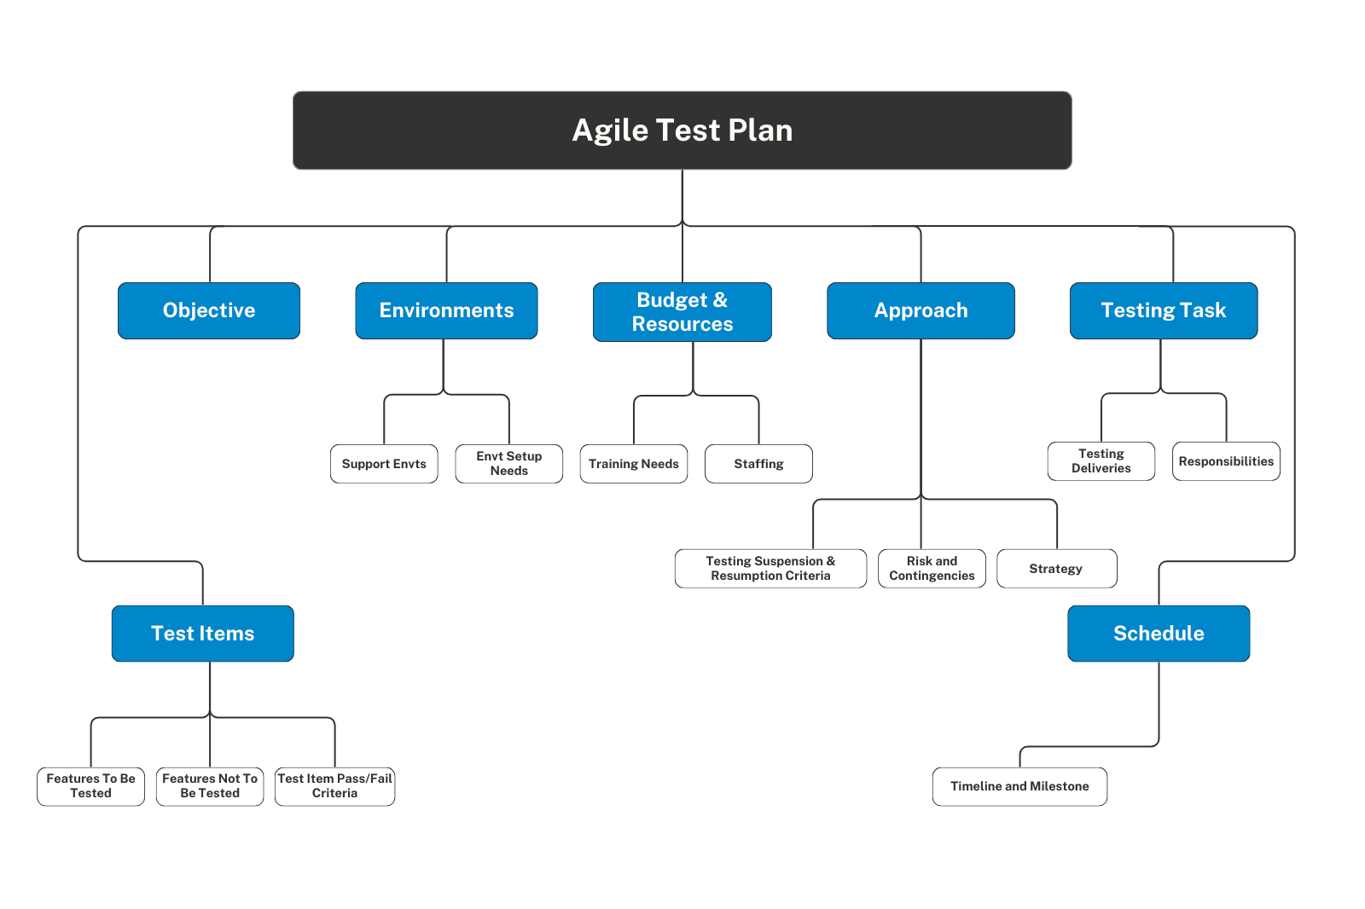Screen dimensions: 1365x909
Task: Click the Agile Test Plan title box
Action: (682, 130)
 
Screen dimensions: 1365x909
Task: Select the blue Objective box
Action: (209, 310)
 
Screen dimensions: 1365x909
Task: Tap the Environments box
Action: (447, 310)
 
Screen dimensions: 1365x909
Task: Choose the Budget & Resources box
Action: (682, 312)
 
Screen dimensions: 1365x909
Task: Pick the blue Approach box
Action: (921, 310)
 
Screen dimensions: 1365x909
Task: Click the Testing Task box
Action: (1164, 310)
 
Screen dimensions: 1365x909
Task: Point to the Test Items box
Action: (203, 634)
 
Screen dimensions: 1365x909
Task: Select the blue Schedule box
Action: (1159, 634)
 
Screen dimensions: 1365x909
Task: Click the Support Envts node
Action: (384, 464)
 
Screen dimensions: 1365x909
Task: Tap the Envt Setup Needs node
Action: (508, 464)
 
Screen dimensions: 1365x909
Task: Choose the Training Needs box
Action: (634, 464)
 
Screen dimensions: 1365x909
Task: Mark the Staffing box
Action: (758, 464)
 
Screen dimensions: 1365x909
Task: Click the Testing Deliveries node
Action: (1101, 461)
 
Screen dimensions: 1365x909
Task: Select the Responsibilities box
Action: (1226, 461)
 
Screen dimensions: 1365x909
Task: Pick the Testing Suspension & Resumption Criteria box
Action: (771, 569)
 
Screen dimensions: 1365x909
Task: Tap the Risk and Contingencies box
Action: (932, 569)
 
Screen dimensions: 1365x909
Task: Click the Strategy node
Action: (1057, 569)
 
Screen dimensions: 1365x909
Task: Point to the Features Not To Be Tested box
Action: (210, 786)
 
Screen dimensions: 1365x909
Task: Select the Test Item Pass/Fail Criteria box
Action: (334, 786)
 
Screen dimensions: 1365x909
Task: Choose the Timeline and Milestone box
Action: (1019, 786)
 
